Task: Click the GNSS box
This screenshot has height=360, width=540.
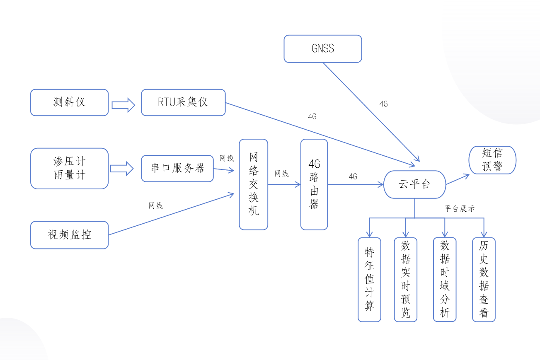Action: point(323,48)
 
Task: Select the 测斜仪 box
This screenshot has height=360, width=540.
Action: point(70,102)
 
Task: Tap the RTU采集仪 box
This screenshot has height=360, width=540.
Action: point(183,102)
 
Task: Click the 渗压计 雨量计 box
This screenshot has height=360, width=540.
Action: point(70,169)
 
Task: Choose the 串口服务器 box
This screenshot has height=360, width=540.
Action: point(177,169)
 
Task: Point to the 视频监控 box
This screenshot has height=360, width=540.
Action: point(70,235)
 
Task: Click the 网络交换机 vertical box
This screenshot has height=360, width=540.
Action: point(253,184)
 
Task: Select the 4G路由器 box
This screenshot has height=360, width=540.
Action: point(314,184)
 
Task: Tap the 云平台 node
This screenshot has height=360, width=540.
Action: point(415,185)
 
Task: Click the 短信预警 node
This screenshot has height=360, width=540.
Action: point(492,160)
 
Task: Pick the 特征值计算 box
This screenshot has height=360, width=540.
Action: point(369,280)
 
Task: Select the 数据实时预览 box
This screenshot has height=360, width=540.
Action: point(405,280)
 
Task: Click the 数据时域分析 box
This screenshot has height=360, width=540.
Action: point(445,279)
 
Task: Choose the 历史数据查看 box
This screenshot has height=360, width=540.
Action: point(484,280)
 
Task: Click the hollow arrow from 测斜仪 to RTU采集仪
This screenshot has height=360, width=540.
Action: point(123,105)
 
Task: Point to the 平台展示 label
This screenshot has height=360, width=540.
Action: point(459,209)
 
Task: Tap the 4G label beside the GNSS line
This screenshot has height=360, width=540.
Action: point(383,104)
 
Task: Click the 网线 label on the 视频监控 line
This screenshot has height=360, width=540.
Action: point(156,205)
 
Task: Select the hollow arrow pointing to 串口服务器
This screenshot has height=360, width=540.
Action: point(122,169)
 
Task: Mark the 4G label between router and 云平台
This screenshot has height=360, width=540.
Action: point(353,176)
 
